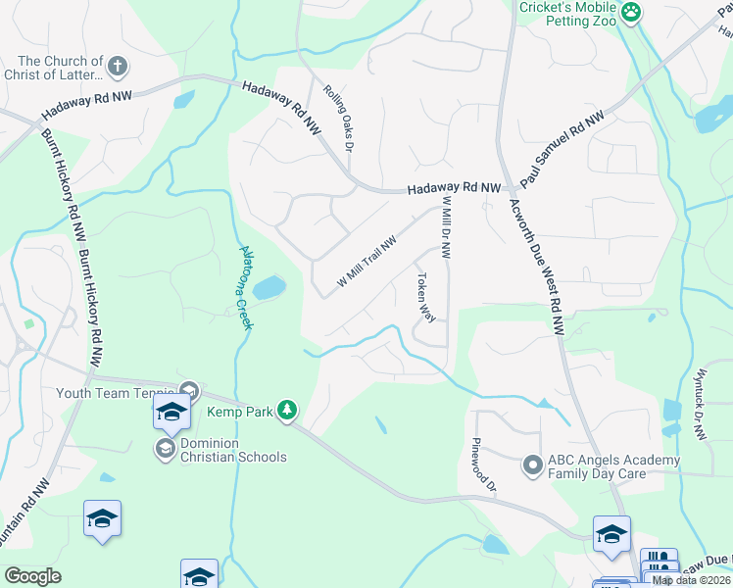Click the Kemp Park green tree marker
(x=286, y=410)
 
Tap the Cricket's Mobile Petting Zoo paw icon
(x=632, y=12)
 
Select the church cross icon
(x=117, y=67)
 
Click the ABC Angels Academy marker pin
(x=532, y=464)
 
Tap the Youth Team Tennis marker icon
(x=189, y=391)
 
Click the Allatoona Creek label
(x=246, y=287)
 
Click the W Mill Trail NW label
(x=366, y=261)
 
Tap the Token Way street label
(x=426, y=298)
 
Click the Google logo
(x=32, y=576)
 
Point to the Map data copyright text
(x=692, y=580)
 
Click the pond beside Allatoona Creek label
(x=269, y=288)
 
